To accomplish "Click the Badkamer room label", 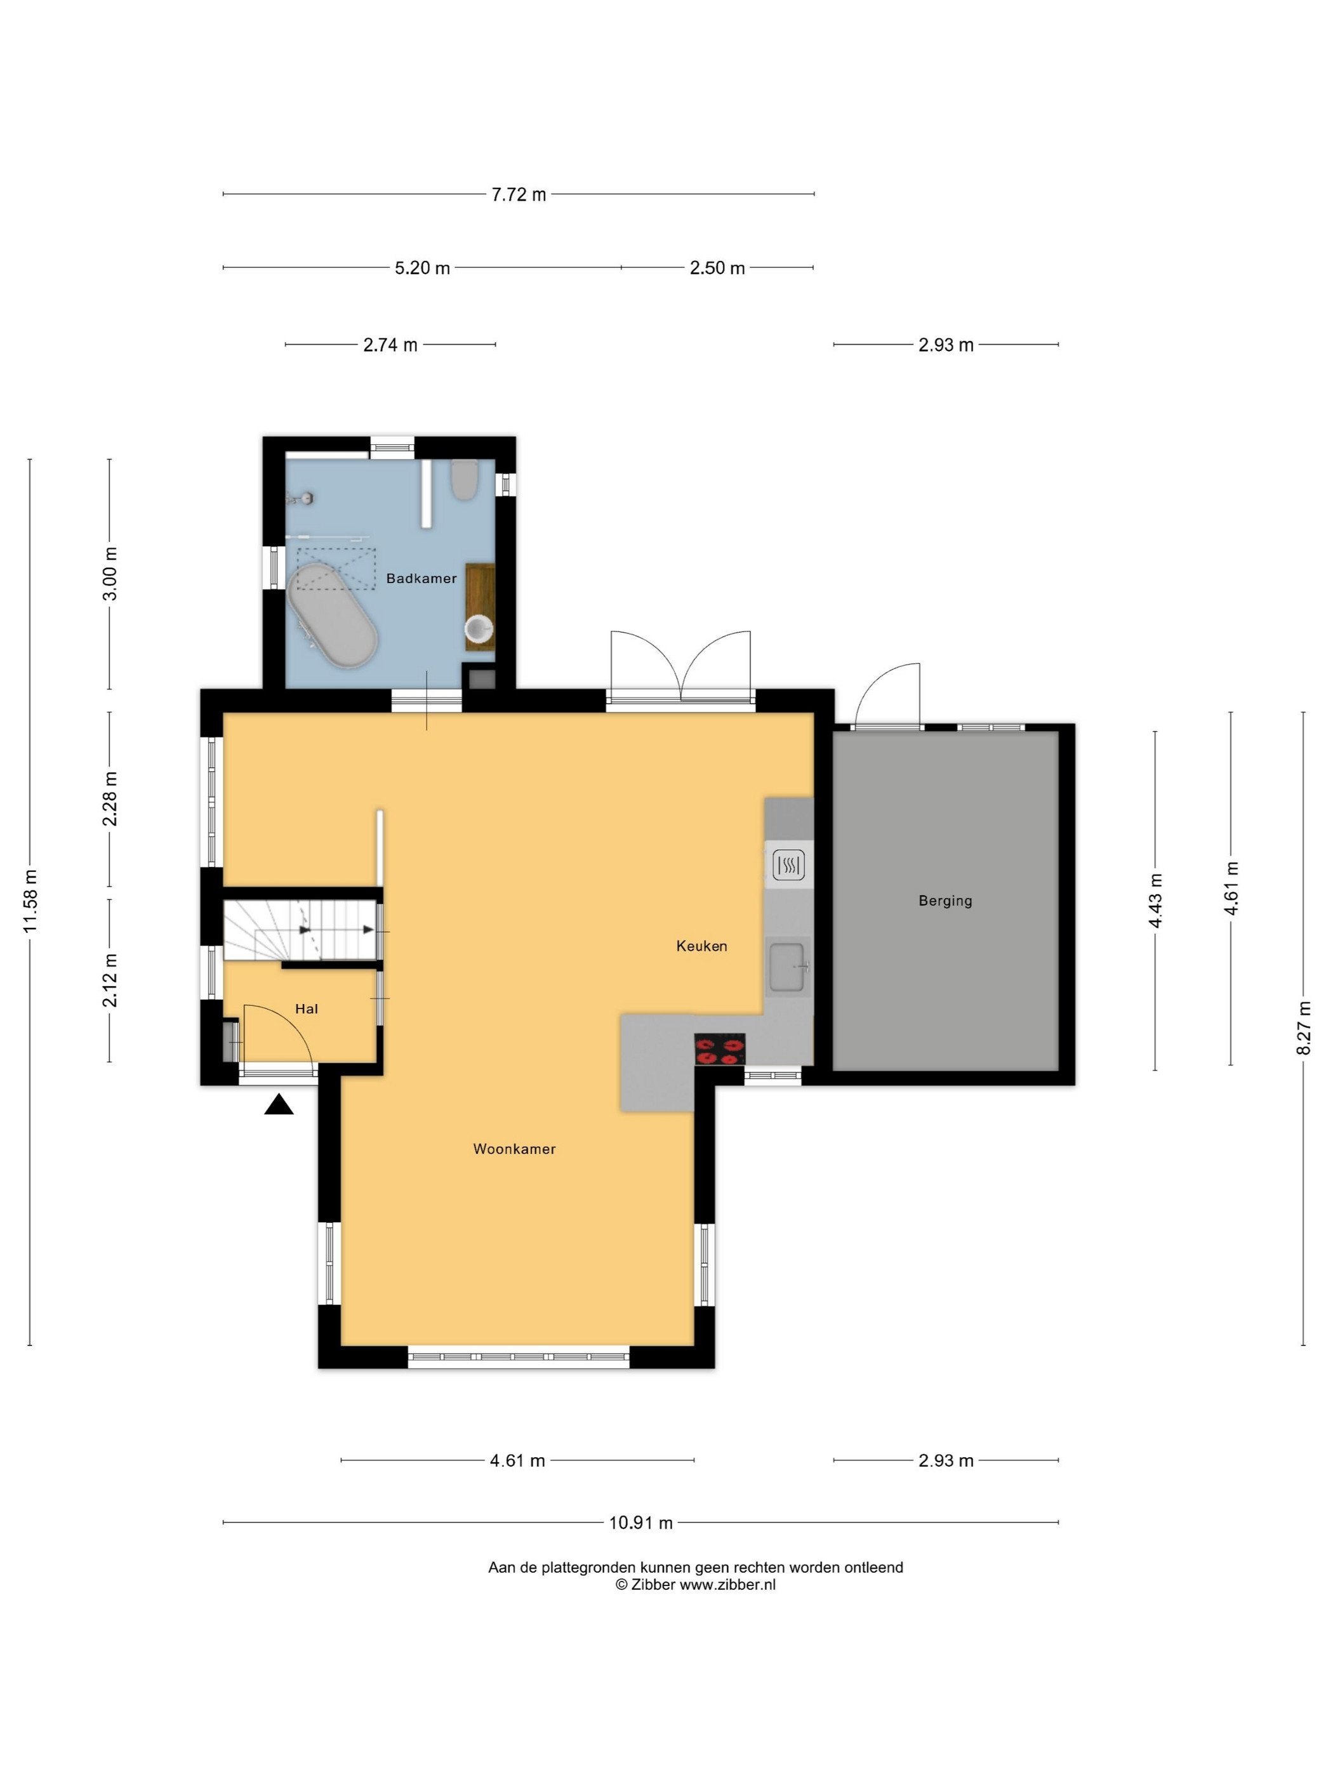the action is [421, 578].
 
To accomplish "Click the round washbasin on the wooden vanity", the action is [479, 630].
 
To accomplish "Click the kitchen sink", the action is [788, 967].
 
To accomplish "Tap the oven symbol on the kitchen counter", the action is [788, 865].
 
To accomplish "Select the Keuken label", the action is [701, 946].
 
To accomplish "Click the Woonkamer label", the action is [514, 1149].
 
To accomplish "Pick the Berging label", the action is [945, 901].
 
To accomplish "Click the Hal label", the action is [306, 1009].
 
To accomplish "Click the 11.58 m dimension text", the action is [30, 901].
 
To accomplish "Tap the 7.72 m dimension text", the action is [519, 194].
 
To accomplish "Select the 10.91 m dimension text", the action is [640, 1523].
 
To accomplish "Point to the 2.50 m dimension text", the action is [717, 268].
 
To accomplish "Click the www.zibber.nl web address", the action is [728, 1585].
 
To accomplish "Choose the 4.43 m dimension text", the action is [1155, 901].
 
